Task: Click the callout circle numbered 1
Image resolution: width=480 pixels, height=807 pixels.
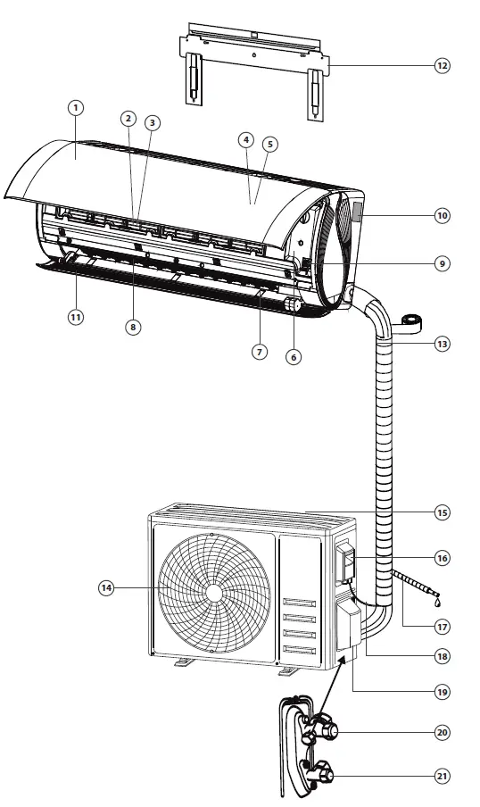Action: pos(77,107)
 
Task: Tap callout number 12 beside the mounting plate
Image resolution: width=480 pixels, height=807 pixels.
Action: pos(442,65)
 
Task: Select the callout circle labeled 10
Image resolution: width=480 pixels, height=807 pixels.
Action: pos(442,215)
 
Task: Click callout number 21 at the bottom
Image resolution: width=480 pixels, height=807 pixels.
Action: pos(442,776)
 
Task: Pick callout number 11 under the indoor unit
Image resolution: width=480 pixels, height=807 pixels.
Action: pos(77,317)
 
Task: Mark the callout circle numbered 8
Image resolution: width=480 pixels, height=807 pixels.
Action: pos(133,327)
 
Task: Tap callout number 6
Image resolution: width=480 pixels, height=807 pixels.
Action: pos(294,356)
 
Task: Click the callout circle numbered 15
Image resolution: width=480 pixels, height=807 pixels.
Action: pos(442,512)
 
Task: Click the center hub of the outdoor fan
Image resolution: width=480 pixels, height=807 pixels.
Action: pos(214,593)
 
